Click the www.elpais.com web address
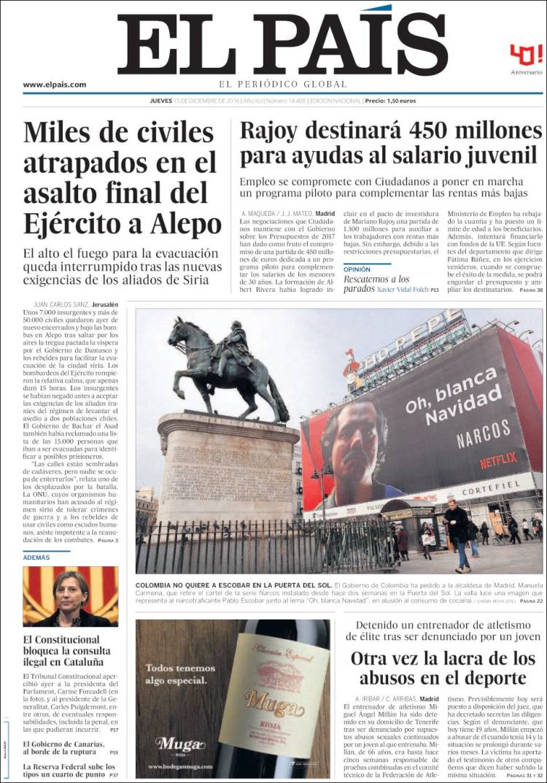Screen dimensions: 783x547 54,85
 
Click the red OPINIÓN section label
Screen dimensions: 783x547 357,269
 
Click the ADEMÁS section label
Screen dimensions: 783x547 36,557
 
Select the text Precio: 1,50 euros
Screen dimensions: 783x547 390,101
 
